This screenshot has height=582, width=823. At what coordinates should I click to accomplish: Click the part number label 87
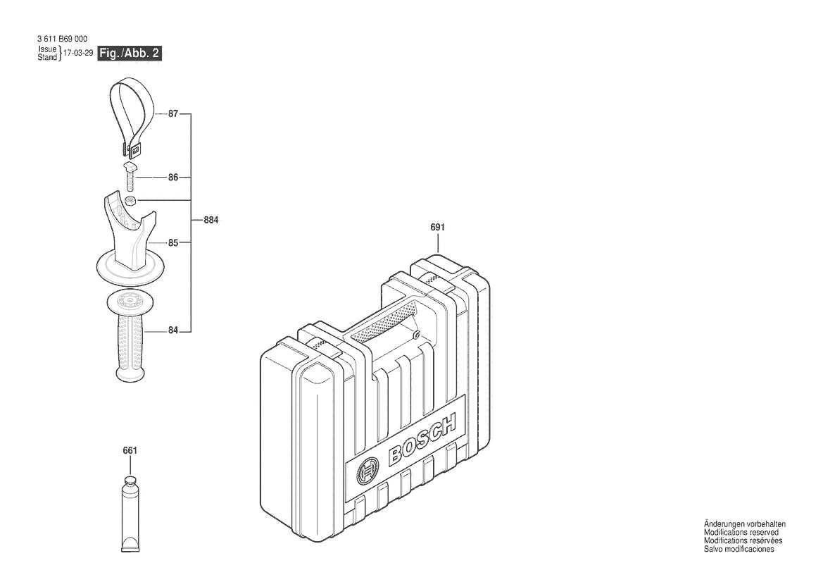pos(172,113)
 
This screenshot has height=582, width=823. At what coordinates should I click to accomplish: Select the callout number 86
pos(172,178)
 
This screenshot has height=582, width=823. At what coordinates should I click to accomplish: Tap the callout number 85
pos(172,243)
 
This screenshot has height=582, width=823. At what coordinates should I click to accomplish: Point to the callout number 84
pos(172,330)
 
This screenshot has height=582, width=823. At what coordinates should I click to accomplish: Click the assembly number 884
pos(211,221)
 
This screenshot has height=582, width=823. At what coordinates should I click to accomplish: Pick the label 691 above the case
pos(437,228)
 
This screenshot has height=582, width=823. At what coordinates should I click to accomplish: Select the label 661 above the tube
pos(129,451)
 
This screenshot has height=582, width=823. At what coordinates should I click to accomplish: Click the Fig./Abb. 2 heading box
pos(130,54)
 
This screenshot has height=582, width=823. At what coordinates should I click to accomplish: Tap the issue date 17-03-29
pos(78,54)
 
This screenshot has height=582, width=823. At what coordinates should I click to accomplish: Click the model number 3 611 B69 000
pos(62,39)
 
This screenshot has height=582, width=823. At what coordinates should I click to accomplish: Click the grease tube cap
pos(130,482)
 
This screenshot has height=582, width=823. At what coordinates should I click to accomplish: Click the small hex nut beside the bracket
pos(131,202)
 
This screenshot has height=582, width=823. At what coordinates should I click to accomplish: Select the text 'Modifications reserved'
pos(741,533)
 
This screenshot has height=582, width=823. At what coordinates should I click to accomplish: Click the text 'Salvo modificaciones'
pos(739,550)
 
